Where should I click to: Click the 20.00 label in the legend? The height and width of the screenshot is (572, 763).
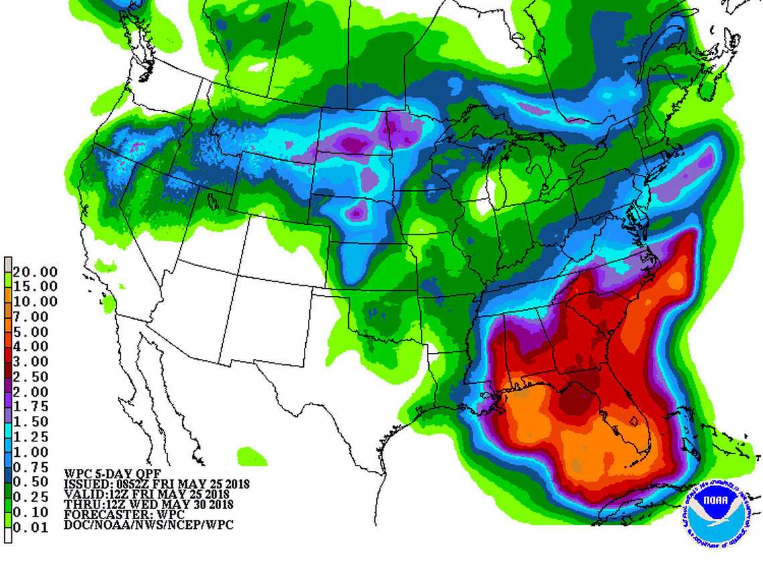tap(35, 271)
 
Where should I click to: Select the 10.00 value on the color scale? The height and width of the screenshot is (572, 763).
tap(35, 301)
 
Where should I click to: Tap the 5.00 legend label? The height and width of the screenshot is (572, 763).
tap(35, 332)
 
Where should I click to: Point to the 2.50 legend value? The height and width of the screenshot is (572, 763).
tap(35, 376)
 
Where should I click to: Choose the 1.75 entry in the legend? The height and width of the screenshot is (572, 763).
tap(35, 407)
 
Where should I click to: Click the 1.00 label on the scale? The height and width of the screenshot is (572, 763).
tap(35, 451)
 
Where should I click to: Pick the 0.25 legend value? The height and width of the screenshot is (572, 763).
tap(35, 496)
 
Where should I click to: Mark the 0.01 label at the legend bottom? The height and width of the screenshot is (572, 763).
tap(35, 526)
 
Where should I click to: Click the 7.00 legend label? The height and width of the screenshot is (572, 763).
tap(35, 316)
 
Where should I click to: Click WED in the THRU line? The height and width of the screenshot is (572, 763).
tap(156, 504)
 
